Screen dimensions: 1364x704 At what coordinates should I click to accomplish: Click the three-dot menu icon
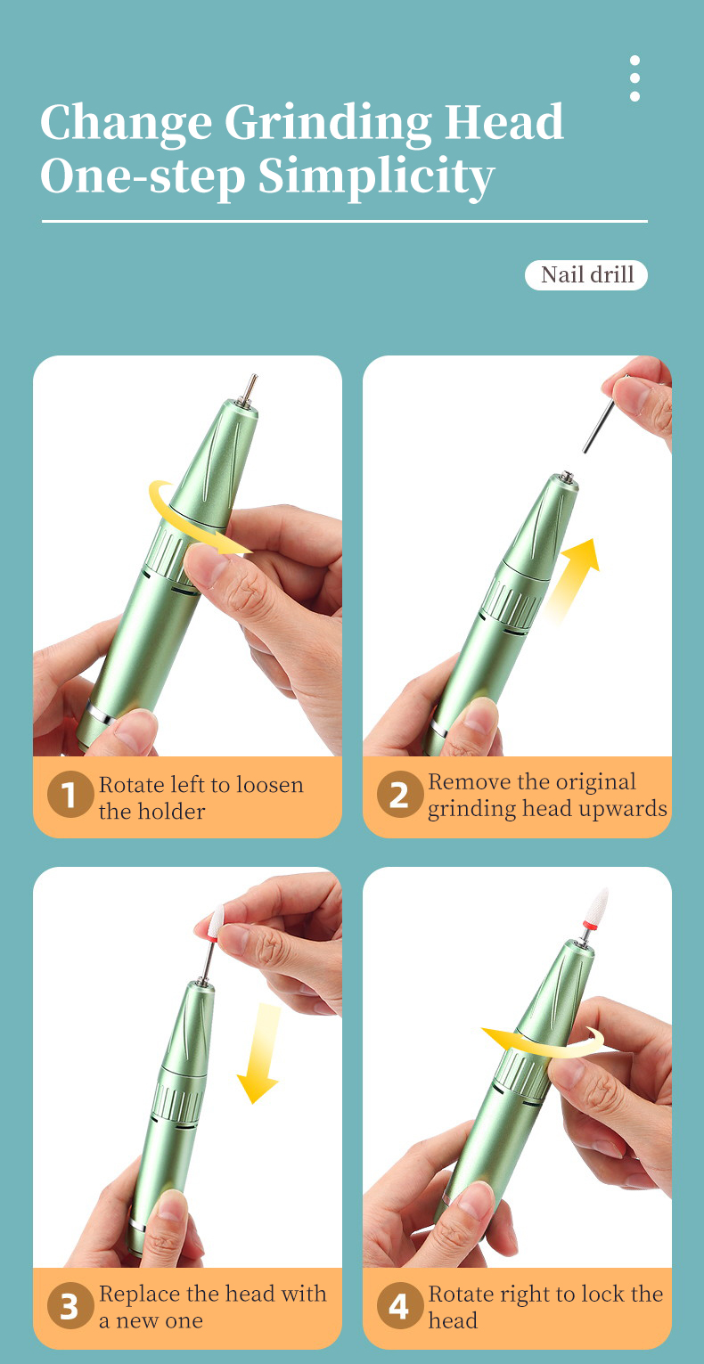[634, 78]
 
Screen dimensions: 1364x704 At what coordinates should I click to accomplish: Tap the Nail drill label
[586, 274]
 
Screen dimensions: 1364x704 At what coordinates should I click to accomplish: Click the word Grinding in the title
[328, 122]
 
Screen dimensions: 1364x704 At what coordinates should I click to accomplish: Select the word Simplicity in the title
[376, 176]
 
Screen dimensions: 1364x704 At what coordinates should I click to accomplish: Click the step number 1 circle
[70, 796]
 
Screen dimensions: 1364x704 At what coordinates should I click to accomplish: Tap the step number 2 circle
[399, 796]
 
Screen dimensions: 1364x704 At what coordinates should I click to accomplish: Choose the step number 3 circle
[70, 1307]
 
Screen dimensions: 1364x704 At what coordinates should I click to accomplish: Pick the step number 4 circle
[399, 1307]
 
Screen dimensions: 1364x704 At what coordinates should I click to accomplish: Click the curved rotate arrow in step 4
[544, 1042]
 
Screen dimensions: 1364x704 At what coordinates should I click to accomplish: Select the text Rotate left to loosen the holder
[201, 797]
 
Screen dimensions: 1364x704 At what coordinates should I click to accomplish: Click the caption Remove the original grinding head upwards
[546, 795]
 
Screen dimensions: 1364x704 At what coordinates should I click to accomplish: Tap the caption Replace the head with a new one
[212, 1306]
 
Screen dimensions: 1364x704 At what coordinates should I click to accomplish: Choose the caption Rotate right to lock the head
[544, 1306]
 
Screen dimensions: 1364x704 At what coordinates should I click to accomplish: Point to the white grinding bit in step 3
[216, 921]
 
